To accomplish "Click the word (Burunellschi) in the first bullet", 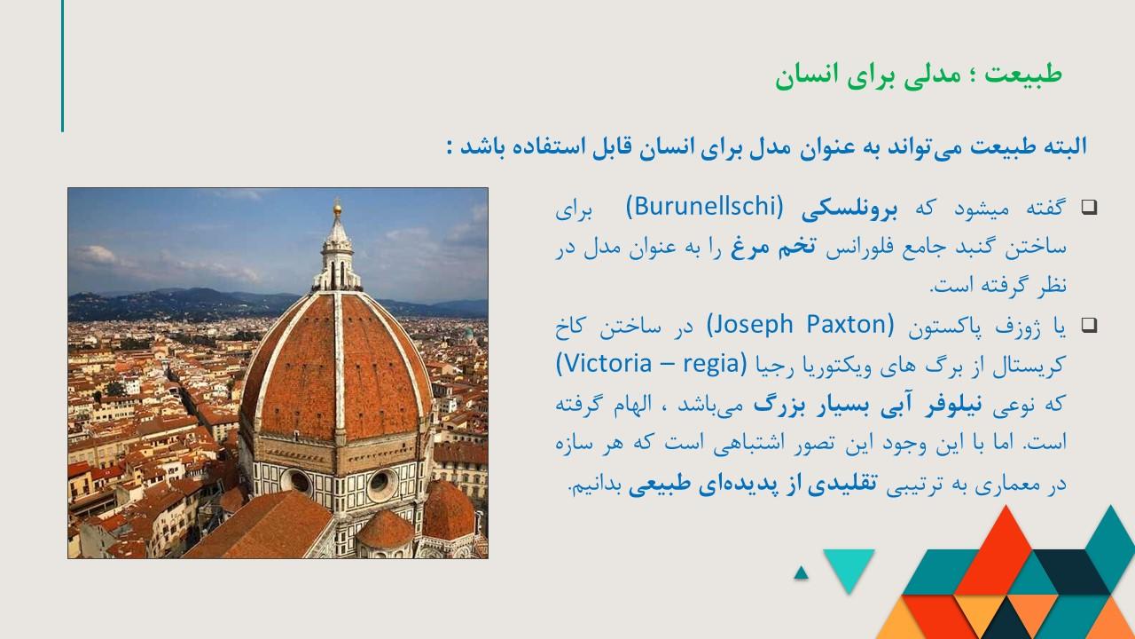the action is point(705,207).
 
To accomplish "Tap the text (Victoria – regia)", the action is point(652,364).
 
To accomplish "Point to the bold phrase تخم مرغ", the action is point(772,247).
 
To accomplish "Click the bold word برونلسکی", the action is point(849,209).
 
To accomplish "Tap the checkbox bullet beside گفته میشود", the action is point(1089,207).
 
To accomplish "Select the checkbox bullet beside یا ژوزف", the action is point(1089,325).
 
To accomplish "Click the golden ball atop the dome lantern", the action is point(338,208).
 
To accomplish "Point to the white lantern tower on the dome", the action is point(338,254).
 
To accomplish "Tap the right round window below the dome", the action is point(381,485).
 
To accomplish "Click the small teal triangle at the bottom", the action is point(801,573).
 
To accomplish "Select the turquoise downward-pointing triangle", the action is point(849,565).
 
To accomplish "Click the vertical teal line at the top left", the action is point(62,66).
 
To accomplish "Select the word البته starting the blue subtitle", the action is point(1065,146).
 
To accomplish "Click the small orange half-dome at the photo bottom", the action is point(385,529).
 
